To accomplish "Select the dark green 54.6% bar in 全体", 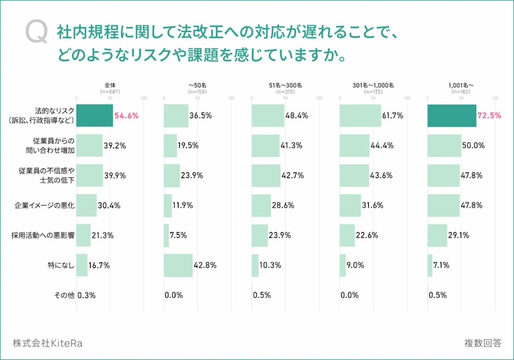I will (94, 116).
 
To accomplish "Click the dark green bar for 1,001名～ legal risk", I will (452, 116).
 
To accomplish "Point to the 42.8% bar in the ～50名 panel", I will (178, 265).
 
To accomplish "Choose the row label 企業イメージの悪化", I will (46, 206).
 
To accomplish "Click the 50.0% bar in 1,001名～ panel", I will (444, 145).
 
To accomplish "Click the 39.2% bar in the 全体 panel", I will (89, 145).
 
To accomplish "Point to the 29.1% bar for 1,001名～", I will (437, 235).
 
